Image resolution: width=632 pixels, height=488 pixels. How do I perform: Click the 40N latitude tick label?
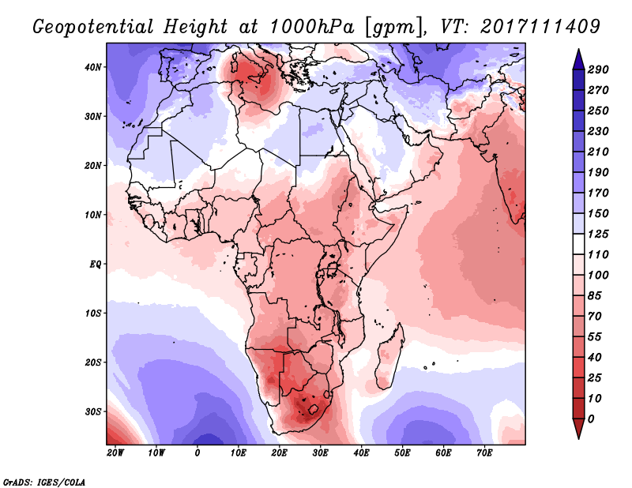94,67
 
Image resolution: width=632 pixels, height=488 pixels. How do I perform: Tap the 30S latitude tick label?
94,411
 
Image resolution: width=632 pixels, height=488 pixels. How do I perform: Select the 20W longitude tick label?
115,452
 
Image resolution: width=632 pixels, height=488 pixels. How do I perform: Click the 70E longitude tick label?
484,452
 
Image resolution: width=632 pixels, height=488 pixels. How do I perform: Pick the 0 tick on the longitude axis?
197,452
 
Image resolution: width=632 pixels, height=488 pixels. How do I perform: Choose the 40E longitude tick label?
361,452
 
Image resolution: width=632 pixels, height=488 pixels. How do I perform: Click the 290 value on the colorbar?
597,70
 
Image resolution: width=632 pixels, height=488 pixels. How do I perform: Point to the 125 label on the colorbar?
597,235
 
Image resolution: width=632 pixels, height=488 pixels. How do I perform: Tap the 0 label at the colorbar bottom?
592,418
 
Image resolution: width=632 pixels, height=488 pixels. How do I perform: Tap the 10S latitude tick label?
94,313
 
